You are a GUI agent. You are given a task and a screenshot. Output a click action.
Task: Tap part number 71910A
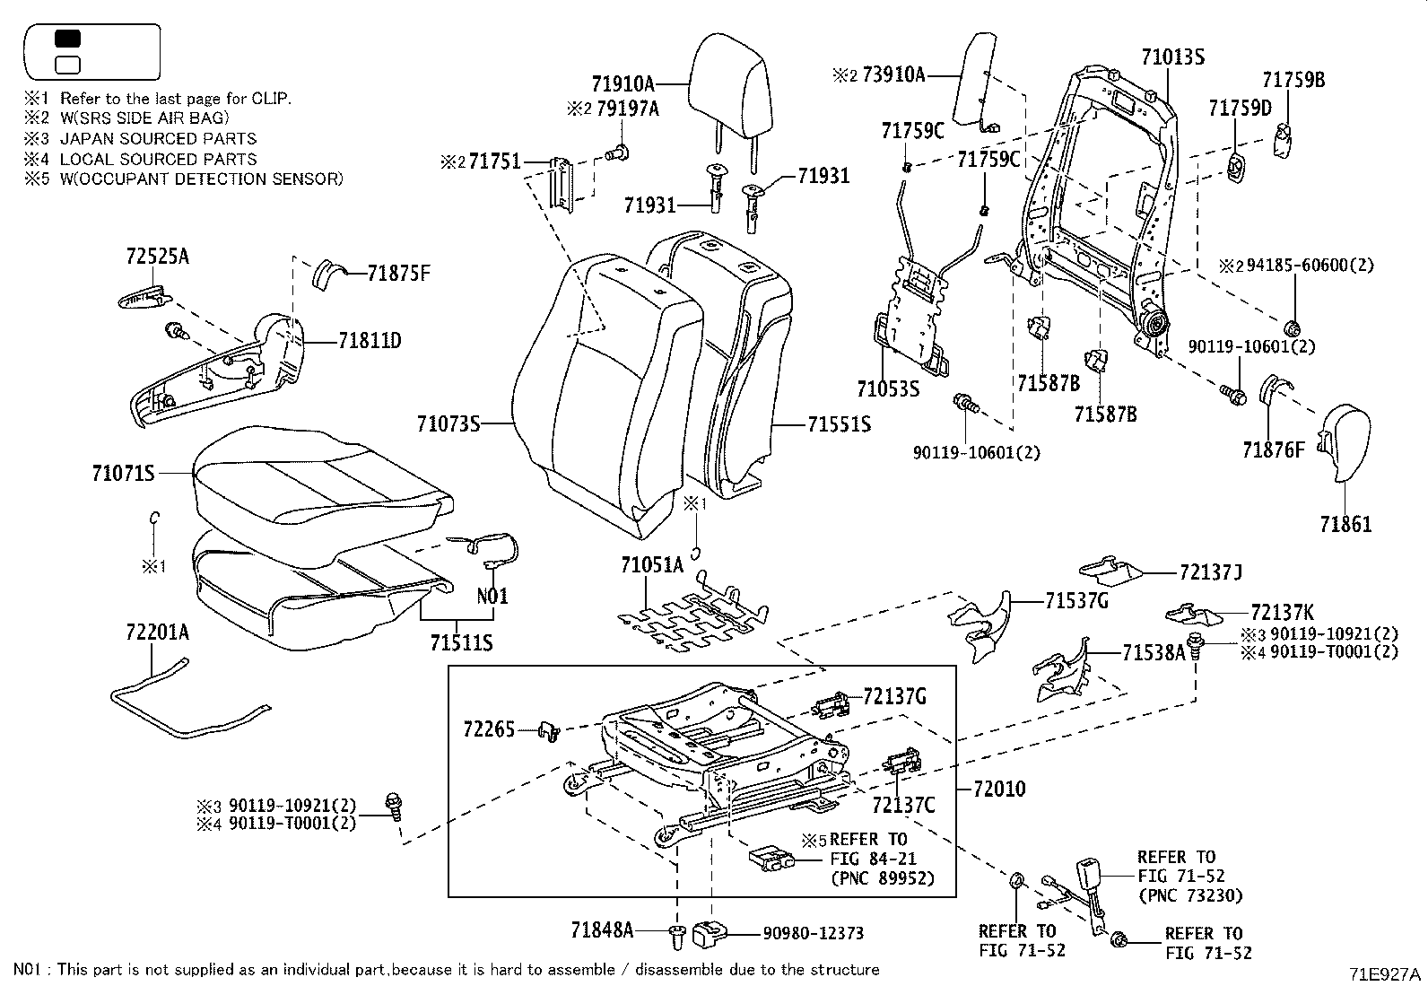(623, 83)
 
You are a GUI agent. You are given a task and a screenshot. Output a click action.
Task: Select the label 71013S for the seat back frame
(1173, 57)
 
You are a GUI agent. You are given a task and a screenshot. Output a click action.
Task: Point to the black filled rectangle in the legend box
(67, 39)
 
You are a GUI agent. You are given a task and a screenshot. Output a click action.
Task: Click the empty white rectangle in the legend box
(67, 65)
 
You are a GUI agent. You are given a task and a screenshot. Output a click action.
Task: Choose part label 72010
(999, 789)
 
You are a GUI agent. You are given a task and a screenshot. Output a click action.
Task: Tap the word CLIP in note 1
(270, 98)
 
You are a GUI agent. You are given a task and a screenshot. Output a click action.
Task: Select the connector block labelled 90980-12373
(709, 933)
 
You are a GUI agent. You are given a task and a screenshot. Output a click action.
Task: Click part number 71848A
(603, 930)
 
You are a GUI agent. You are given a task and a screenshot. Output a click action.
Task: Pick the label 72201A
(158, 633)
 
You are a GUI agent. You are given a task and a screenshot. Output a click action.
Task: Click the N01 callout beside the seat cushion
(492, 597)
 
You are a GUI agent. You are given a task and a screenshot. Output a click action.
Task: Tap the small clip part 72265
(548, 731)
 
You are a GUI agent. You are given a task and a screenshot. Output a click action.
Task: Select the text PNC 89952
(884, 879)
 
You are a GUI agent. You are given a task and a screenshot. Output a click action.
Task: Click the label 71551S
(839, 424)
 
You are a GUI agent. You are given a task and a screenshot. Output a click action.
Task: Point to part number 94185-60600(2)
(1310, 265)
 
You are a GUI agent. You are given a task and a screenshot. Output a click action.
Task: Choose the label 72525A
(158, 257)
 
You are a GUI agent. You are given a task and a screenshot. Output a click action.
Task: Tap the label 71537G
(1076, 601)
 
